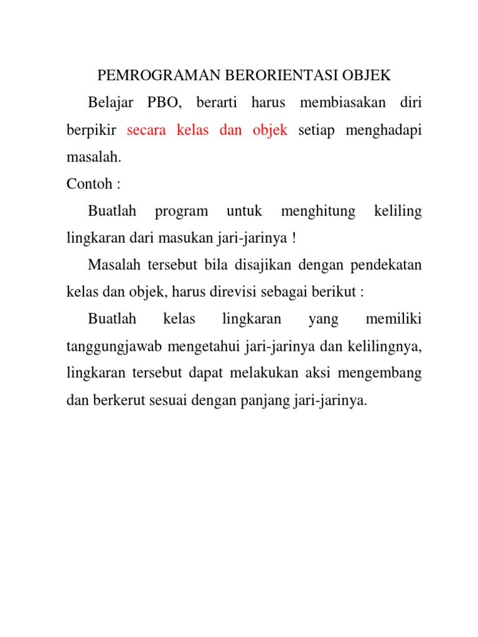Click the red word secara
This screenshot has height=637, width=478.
tap(148, 130)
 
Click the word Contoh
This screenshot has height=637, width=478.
tap(87, 185)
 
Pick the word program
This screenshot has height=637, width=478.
tap(182, 212)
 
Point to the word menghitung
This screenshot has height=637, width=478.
tap(318, 212)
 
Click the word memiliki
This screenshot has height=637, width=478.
tap(393, 320)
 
